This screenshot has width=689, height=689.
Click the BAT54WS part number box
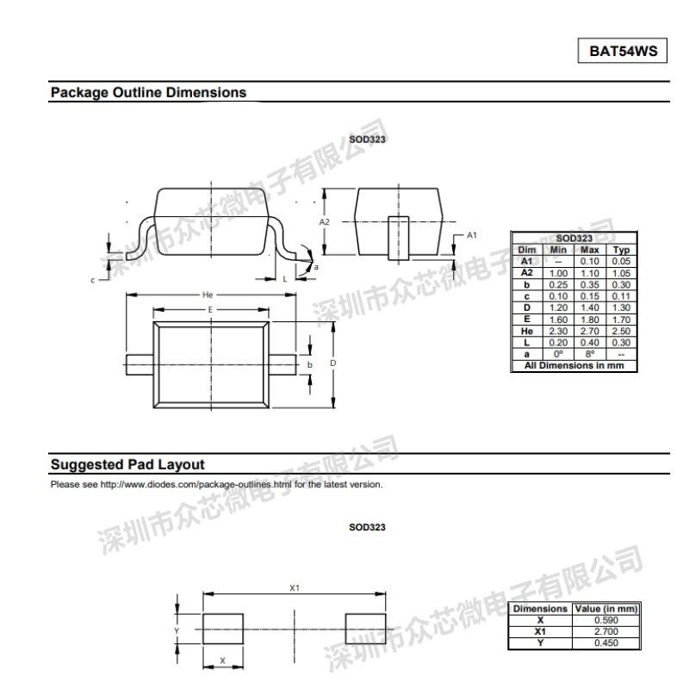point(623,51)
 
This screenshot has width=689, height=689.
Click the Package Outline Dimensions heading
point(148,92)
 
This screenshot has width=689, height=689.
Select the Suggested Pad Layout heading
point(127,465)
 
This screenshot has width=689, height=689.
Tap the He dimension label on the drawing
point(208,295)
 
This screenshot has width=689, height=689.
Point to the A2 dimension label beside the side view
point(325,221)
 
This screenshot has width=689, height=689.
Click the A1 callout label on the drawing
point(471,234)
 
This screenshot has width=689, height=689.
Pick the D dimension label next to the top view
point(332,363)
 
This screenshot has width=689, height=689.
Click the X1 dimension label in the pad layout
point(294,587)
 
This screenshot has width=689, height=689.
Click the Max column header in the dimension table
point(589,250)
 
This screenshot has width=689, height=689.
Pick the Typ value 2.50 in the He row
point(621,332)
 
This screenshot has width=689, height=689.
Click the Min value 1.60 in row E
point(559,320)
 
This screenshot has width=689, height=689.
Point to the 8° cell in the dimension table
point(589,355)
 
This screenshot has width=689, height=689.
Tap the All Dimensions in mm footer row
point(574,366)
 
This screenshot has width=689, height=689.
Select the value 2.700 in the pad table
point(606,631)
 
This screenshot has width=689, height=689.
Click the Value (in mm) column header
point(606,609)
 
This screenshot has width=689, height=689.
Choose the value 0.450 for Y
point(606,642)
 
